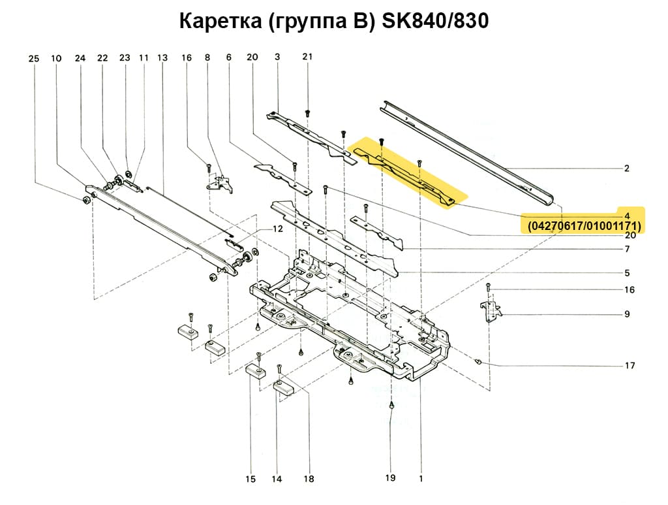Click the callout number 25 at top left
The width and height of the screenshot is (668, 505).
[x=34, y=59]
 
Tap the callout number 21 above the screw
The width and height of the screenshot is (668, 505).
[x=307, y=57]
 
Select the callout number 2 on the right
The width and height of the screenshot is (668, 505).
[x=626, y=169]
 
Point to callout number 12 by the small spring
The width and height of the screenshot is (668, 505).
[x=278, y=229]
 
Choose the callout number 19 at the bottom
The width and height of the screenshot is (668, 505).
[x=390, y=478]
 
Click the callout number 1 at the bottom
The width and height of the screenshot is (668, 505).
[x=421, y=478]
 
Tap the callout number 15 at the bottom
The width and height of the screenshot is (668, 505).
[x=250, y=480]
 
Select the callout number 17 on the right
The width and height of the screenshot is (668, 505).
[x=630, y=366]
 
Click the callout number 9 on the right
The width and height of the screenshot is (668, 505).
[x=626, y=314]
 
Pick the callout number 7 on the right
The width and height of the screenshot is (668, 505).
[x=626, y=250]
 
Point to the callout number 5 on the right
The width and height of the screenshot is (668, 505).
[x=626, y=272]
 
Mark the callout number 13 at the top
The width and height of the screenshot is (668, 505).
[x=162, y=58]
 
